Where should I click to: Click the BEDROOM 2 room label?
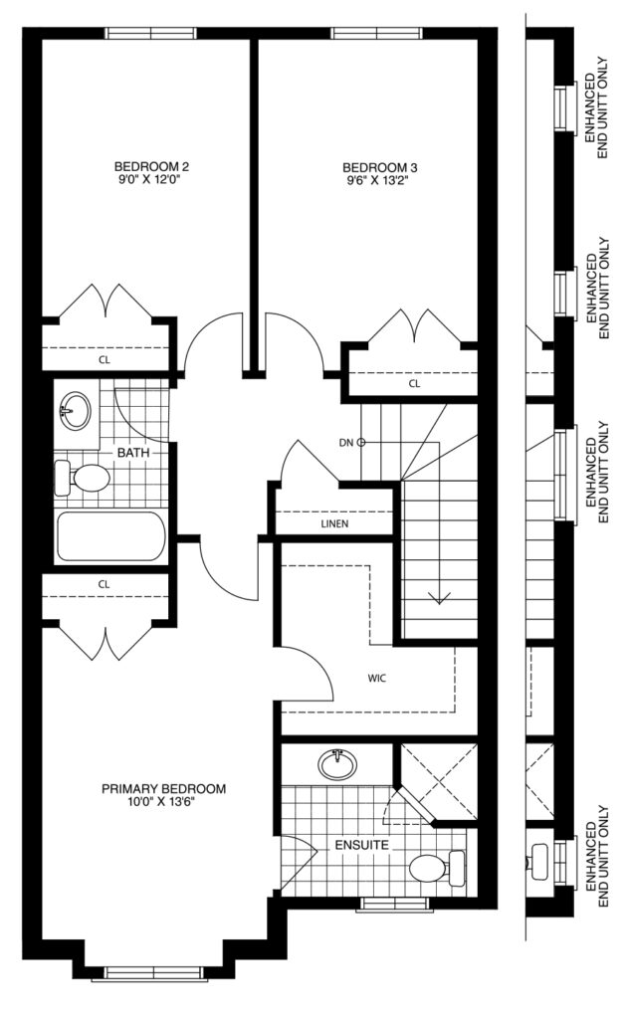coord(151,167)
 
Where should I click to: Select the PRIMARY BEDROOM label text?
coord(164,789)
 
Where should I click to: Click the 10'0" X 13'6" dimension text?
coord(162,802)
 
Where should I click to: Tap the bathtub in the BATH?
coord(110,536)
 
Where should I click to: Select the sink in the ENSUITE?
coord(338,764)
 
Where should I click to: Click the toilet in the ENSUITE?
coord(438,868)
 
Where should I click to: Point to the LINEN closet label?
coord(334,523)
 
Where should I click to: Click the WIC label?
coord(377,679)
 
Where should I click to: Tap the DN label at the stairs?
coord(346,443)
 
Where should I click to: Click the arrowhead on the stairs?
coord(439,598)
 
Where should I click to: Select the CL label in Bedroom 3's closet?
coord(415,383)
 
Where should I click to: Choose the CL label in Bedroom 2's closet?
coord(104,359)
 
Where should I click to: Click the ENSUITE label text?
coord(362,845)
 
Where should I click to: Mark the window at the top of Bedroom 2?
coord(150,33)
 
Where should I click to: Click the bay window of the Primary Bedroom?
coord(154,973)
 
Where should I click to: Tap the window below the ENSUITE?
coord(394,904)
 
